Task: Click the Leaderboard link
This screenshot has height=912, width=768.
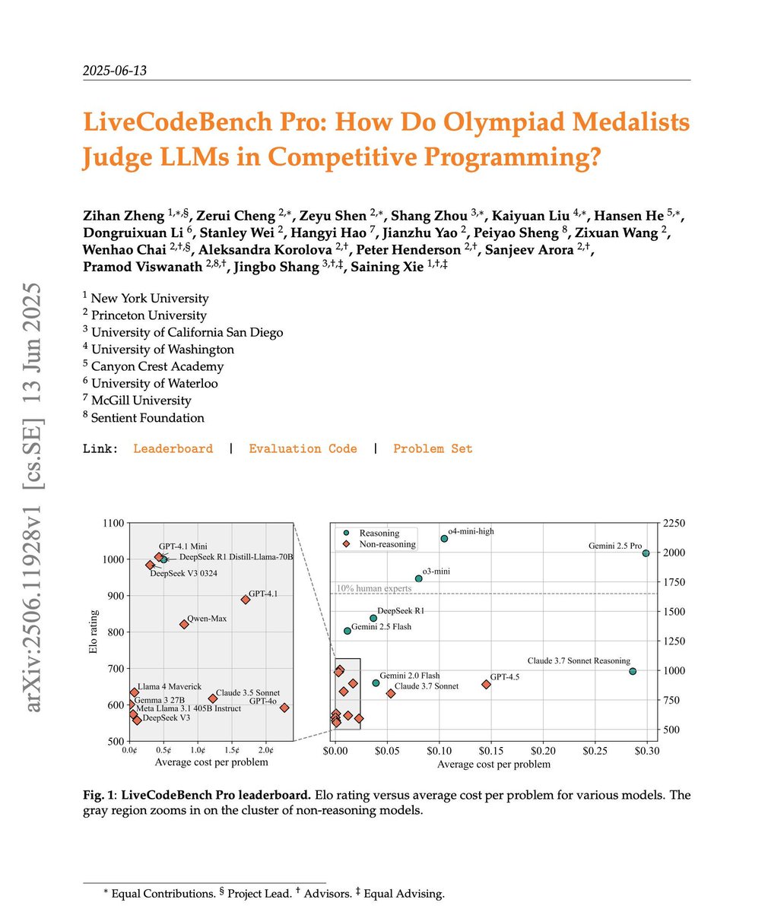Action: click(173, 448)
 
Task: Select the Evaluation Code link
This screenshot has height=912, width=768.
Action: click(303, 448)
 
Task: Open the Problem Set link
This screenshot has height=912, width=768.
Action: click(433, 448)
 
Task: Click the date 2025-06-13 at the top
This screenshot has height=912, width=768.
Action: click(114, 71)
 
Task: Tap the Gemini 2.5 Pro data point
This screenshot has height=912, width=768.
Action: click(646, 553)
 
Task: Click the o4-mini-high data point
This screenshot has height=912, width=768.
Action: click(444, 538)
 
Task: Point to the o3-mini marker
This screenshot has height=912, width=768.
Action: click(418, 578)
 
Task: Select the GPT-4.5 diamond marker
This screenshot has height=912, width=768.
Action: click(487, 684)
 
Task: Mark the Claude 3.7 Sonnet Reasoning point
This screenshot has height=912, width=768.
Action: click(633, 671)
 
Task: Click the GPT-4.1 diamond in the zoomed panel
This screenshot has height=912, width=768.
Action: click(246, 600)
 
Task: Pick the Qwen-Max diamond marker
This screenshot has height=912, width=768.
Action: click(184, 624)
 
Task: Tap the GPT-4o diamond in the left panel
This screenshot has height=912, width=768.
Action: click(284, 708)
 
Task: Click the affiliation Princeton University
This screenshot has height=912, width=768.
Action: click(148, 315)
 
